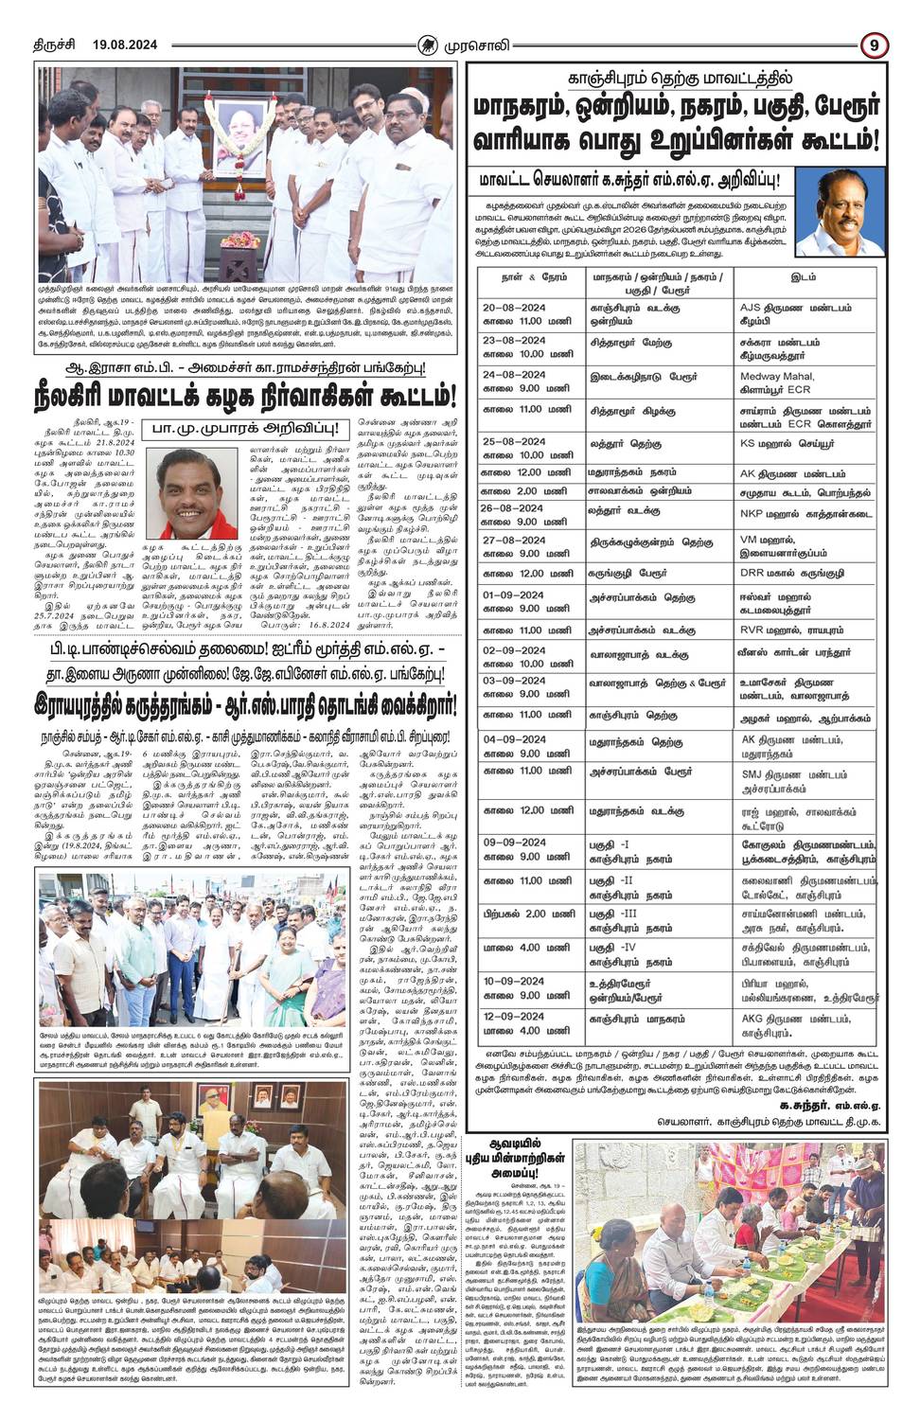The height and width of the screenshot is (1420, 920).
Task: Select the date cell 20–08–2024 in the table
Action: click(x=515, y=308)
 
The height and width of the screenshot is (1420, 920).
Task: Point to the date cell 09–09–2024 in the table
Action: click(x=515, y=843)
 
